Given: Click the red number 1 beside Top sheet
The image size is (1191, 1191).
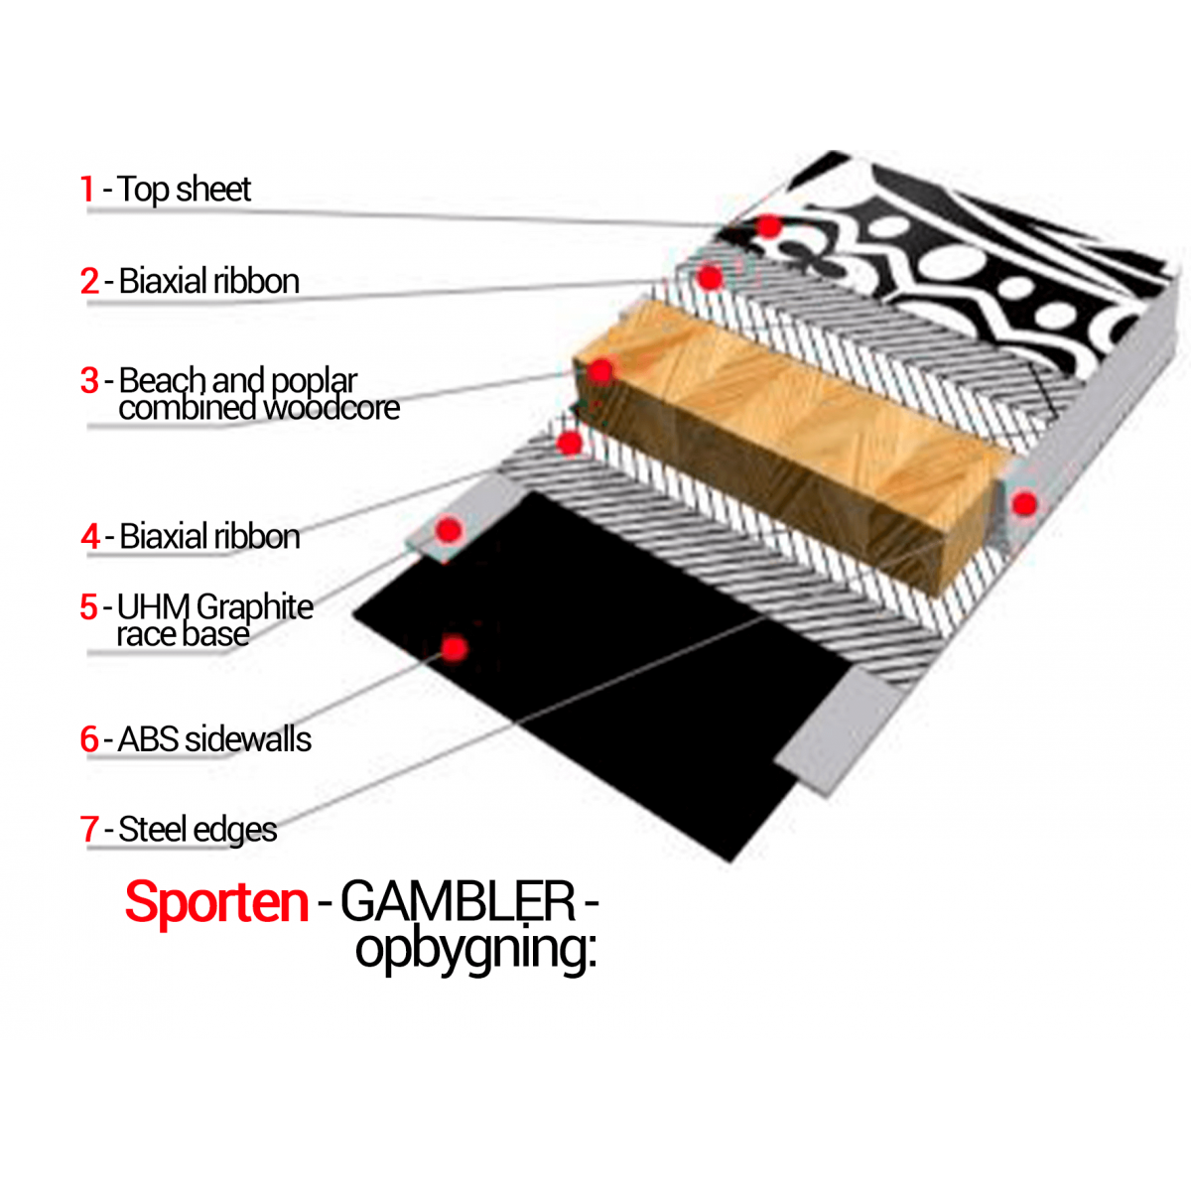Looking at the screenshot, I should pyautogui.click(x=87, y=189).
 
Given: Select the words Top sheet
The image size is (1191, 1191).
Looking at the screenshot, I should pyautogui.click(x=185, y=189).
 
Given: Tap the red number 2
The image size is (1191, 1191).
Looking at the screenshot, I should pyautogui.click(x=89, y=281).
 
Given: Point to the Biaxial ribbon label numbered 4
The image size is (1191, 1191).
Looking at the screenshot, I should pyautogui.click(x=209, y=536).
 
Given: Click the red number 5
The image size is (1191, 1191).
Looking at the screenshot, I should pyautogui.click(x=89, y=606).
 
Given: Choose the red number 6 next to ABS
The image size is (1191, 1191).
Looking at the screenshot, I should pyautogui.click(x=89, y=738).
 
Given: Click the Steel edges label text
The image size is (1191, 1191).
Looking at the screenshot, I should pyautogui.click(x=198, y=829).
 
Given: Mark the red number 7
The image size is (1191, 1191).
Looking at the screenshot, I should pyautogui.click(x=89, y=829).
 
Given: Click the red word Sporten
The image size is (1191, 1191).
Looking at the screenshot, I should pyautogui.click(x=216, y=902).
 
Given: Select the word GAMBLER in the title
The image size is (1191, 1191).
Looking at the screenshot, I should pyautogui.click(x=458, y=902).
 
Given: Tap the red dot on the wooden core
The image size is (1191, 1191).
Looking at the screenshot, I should pyautogui.click(x=601, y=371).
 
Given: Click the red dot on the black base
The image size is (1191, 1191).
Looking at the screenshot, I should pyautogui.click(x=455, y=649).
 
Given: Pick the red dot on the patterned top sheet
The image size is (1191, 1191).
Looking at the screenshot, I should pyautogui.click(x=769, y=226).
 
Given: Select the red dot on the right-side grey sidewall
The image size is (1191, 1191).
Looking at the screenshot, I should pyautogui.click(x=1024, y=504).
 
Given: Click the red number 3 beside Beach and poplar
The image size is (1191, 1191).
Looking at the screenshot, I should pyautogui.click(x=89, y=380).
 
